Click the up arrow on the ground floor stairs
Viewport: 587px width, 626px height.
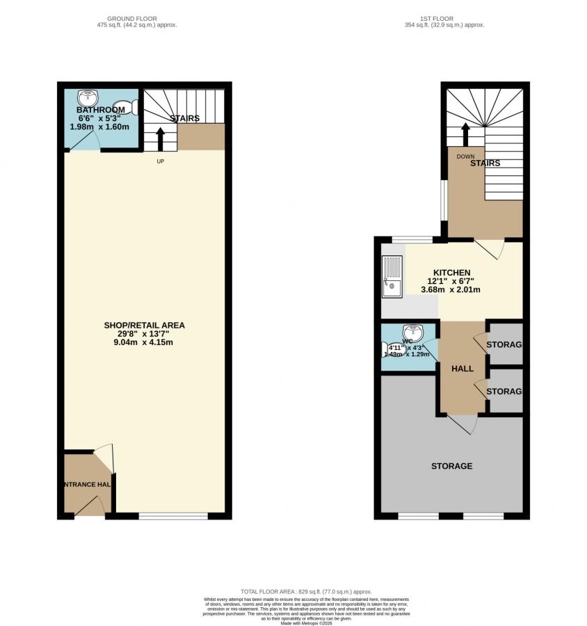click(x=161, y=138)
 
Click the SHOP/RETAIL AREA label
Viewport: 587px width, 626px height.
click(x=144, y=325)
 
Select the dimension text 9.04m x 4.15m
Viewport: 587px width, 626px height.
click(x=144, y=342)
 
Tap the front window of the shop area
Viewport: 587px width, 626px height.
click(x=173, y=515)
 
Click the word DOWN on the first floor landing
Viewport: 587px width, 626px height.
click(x=465, y=156)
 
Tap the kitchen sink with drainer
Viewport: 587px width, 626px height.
click(x=392, y=277)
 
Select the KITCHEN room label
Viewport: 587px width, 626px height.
click(x=451, y=273)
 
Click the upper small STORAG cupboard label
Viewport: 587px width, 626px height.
click(x=504, y=344)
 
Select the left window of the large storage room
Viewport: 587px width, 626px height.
click(x=418, y=515)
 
